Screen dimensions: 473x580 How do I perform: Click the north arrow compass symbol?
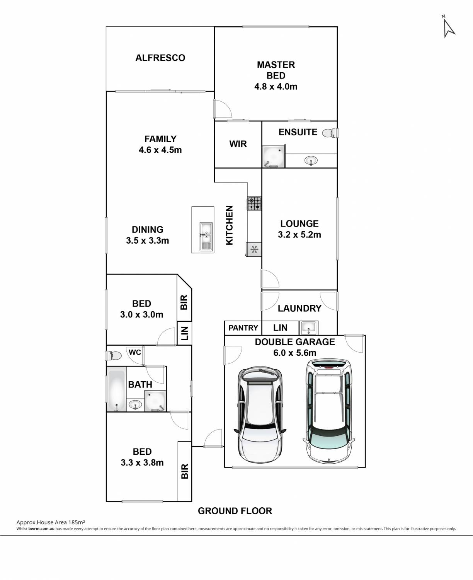(449, 27)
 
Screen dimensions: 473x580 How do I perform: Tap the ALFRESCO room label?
(160, 58)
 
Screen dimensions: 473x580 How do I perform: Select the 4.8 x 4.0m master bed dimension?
(276, 86)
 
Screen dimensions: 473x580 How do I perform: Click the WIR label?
(238, 144)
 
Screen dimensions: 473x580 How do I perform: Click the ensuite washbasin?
(311, 160)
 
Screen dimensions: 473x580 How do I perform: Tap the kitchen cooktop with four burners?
(254, 204)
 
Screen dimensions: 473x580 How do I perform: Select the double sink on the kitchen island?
(206, 237)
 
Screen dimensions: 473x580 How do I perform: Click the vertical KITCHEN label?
(230, 225)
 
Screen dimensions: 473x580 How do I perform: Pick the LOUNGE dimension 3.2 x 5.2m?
(299, 235)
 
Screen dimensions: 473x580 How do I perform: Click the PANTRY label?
(243, 328)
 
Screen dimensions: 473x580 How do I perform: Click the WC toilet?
(114, 356)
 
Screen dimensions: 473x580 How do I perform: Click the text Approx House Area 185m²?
(51, 522)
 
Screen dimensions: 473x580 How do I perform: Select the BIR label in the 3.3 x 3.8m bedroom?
(185, 471)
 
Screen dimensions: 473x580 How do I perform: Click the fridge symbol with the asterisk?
(254, 249)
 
